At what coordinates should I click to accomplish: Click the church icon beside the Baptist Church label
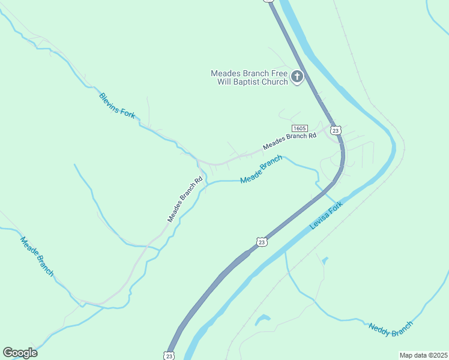click(297, 76)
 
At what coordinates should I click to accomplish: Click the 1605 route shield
click(300, 128)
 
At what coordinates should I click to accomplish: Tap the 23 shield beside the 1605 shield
click(336, 130)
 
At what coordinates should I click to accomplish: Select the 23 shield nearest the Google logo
click(170, 355)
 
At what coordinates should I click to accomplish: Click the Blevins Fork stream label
click(117, 106)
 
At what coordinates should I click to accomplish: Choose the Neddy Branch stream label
click(391, 328)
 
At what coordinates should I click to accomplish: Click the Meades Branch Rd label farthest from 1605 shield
click(185, 199)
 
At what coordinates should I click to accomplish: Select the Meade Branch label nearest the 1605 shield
click(261, 170)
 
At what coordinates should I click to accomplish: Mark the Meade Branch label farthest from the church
click(37, 256)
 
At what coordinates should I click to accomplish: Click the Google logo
click(20, 353)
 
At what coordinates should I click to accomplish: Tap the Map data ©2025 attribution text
click(423, 355)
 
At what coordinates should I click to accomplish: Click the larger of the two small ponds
click(262, 320)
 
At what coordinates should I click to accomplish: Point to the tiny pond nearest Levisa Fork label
click(325, 261)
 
